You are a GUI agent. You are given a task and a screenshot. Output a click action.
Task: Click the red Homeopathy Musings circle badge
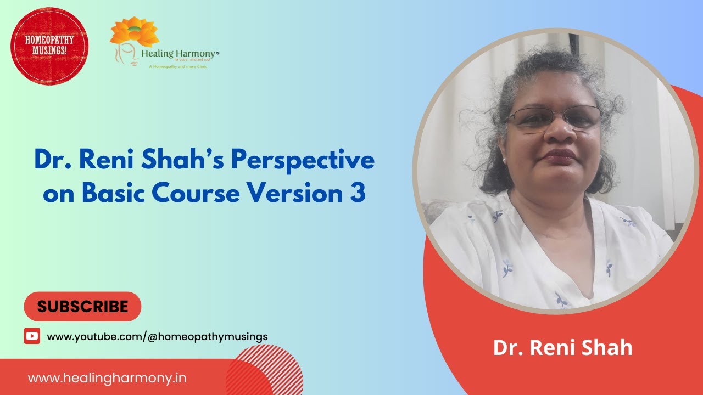[x=49, y=46]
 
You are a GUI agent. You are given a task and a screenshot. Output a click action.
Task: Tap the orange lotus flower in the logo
[x=134, y=32]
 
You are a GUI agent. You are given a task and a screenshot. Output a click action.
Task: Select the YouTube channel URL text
[x=157, y=336]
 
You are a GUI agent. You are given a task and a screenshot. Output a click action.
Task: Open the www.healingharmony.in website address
[x=107, y=378]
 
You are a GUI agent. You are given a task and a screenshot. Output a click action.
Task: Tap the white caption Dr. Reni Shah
[x=562, y=348]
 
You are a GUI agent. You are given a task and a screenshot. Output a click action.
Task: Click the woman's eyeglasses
[x=554, y=117]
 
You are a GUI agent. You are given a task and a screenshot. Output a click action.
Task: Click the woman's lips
[x=559, y=156]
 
